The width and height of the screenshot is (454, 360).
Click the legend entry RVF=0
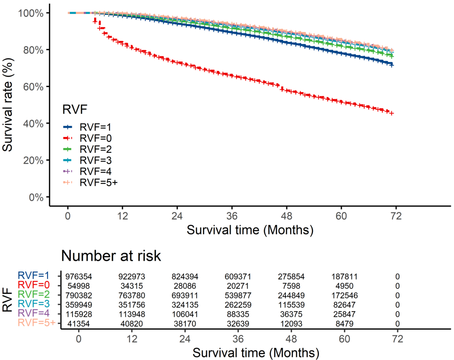pos(95,138)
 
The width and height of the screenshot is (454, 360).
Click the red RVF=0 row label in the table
pos(35,285)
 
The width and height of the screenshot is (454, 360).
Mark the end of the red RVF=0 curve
pos(392,113)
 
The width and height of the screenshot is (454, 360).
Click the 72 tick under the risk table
pos(396,338)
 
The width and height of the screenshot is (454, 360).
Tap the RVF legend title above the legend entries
pos(75,109)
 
